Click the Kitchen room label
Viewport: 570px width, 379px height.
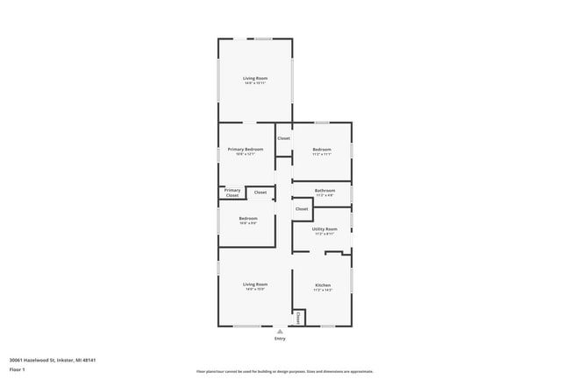pos(323,284)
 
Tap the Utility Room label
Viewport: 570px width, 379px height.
pos(324,228)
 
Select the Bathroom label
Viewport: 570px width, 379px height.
pos(325,190)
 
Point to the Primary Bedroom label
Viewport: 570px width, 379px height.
pos(246,150)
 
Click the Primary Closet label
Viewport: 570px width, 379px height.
pos(232,193)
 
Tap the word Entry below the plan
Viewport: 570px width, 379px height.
pos(280,339)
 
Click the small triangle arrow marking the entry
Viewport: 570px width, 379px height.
pos(280,331)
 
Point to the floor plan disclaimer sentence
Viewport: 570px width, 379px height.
pos(285,372)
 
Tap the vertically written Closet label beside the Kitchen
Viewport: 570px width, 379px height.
pos(298,318)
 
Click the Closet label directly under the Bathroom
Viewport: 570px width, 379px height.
pos(302,209)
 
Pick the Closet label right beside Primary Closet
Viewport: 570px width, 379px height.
pos(260,192)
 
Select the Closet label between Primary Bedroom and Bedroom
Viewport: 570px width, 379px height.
pos(284,138)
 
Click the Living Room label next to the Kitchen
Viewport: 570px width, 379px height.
pos(255,284)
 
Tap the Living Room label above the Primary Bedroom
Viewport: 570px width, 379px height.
pos(255,78)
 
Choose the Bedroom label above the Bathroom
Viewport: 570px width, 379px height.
pos(322,150)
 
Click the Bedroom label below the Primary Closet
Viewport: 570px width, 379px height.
pos(248,218)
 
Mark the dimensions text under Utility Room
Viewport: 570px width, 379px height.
pos(324,234)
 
